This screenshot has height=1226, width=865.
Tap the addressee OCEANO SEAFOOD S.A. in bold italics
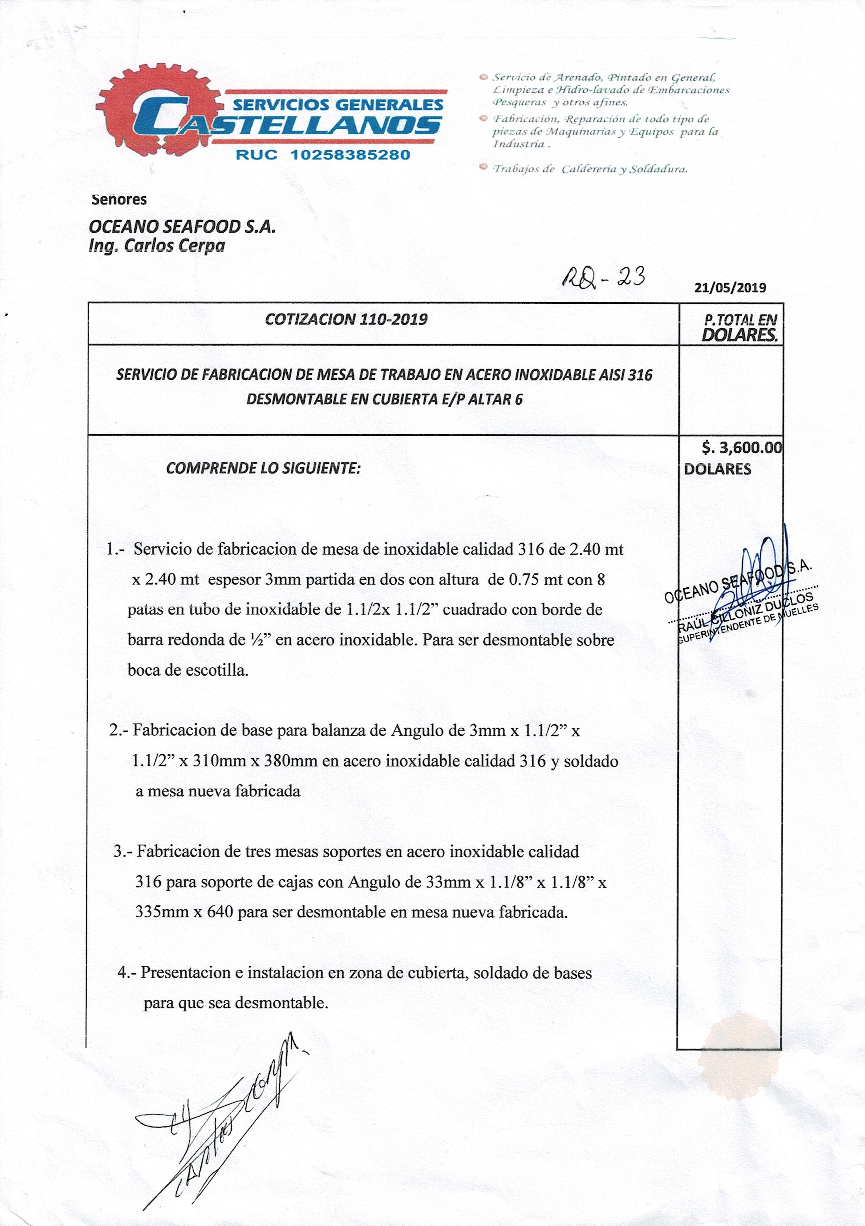182,227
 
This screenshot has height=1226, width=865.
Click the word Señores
119,200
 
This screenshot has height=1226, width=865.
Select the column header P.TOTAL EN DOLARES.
740,327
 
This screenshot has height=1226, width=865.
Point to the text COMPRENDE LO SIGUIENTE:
263,468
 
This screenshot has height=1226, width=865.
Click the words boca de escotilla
188,670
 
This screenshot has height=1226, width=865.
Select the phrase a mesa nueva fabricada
218,791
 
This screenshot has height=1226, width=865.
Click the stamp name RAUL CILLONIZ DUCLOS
745,609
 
